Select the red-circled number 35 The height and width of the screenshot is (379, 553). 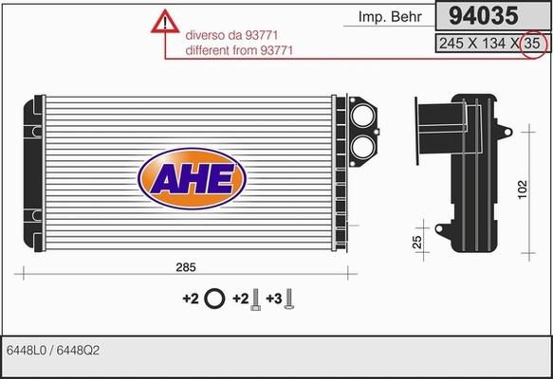coord(534,43)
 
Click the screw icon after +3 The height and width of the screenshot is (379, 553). coord(290,298)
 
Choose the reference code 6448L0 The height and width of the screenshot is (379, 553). coord(27,351)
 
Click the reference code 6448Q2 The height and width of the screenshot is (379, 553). coord(79,351)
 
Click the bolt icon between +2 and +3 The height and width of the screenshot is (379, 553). coord(254,299)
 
